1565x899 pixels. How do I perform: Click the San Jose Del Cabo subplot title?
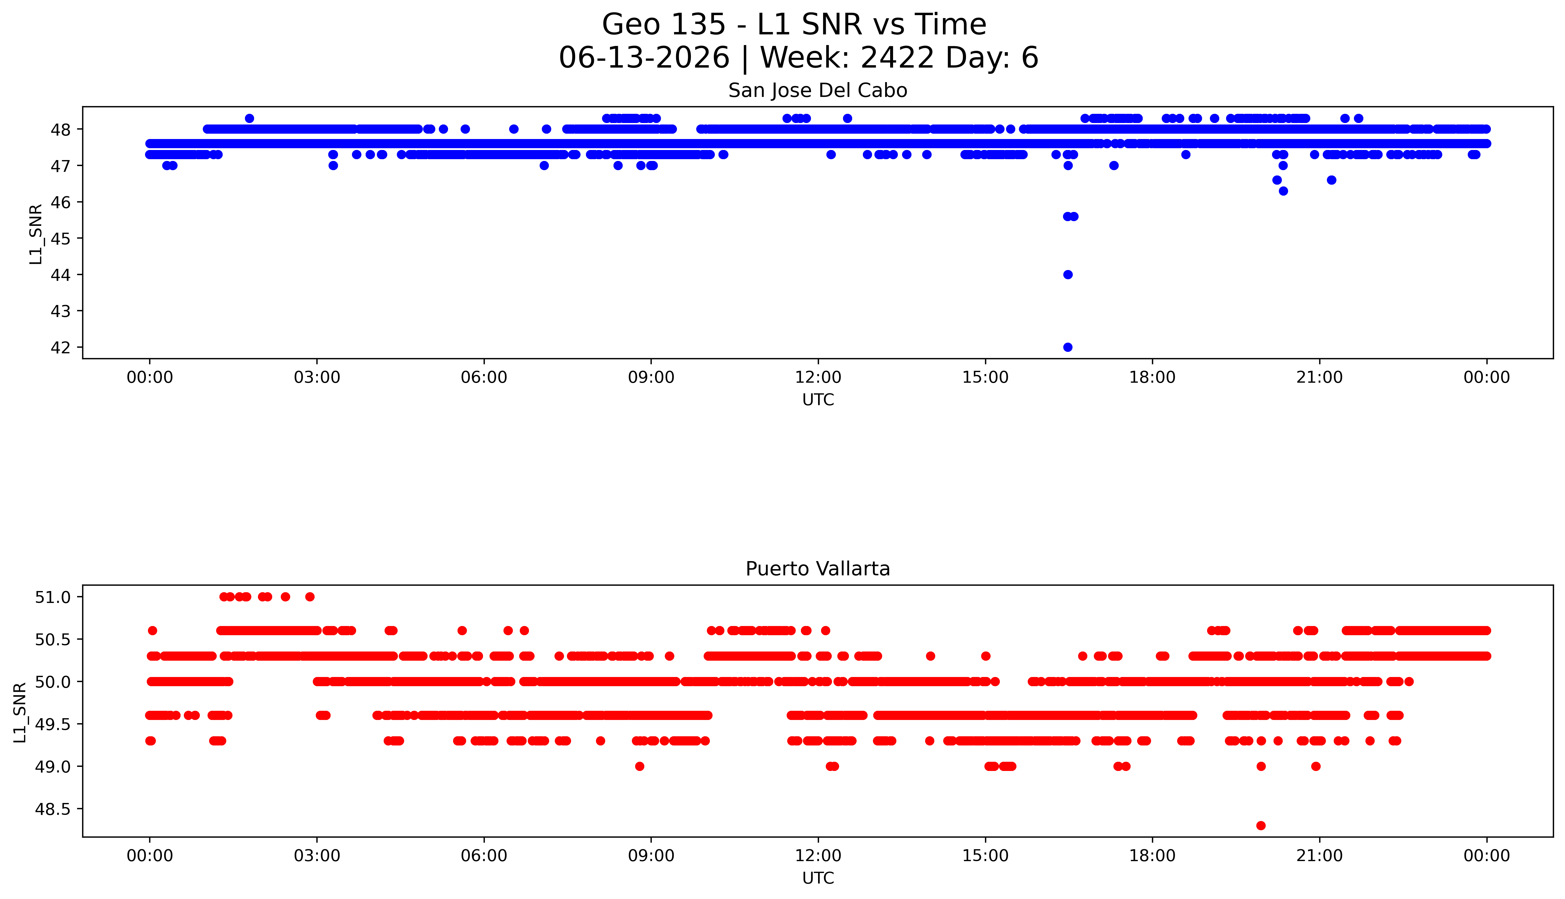(x=818, y=91)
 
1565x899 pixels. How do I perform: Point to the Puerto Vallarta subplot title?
(x=818, y=569)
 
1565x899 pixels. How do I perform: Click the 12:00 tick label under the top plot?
(x=818, y=377)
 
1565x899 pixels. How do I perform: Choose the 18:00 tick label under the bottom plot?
(x=1153, y=856)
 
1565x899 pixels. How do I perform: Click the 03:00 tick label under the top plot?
(x=317, y=377)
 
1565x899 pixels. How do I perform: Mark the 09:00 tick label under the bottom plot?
(x=651, y=856)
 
